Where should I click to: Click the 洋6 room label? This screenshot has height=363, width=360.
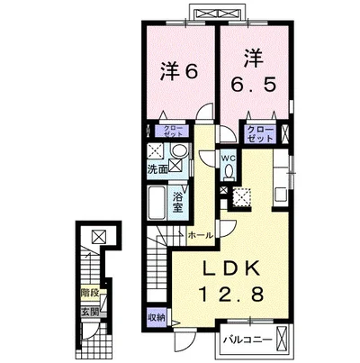(179, 71)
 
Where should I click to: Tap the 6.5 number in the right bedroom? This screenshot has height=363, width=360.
(253, 85)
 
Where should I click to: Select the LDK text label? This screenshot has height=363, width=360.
(231, 269)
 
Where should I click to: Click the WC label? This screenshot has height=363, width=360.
(229, 159)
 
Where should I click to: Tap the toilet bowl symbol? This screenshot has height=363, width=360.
(229, 172)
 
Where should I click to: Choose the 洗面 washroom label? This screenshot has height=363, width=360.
(157, 169)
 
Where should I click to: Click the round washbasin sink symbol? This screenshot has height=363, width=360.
(178, 150)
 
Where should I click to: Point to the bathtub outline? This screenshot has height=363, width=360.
(157, 203)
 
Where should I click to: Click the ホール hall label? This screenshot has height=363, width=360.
(201, 235)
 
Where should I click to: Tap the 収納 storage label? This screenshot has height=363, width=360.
(157, 318)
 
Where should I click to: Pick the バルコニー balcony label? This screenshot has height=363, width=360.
(247, 340)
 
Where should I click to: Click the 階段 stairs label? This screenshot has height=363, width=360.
(90, 293)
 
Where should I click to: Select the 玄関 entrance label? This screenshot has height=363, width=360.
(90, 313)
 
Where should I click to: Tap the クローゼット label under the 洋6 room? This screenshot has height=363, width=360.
(173, 131)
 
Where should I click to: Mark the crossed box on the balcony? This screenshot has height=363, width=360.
(282, 339)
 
